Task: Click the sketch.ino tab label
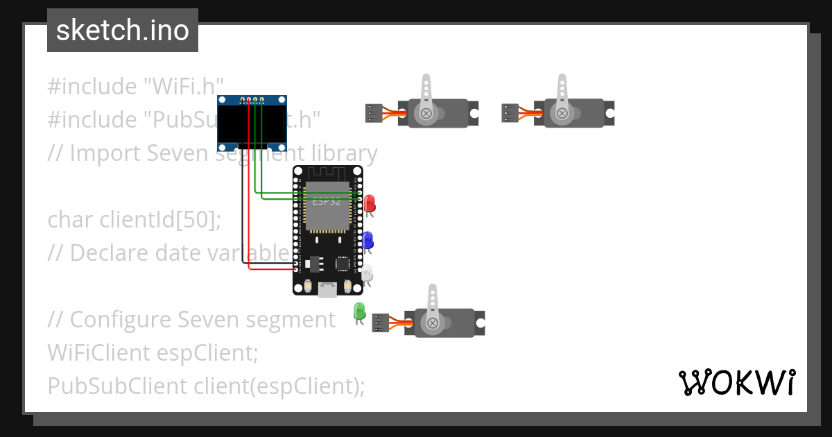tap(122, 31)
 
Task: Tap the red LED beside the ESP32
tap(370, 203)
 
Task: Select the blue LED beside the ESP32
tap(367, 240)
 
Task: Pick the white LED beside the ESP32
tap(367, 273)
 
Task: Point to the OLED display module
tap(252, 123)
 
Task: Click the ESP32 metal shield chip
tap(327, 206)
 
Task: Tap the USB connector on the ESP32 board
tap(327, 290)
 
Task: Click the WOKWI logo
tap(736, 382)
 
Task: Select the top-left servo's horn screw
tap(426, 113)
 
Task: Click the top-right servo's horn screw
tap(562, 113)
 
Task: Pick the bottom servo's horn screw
tap(433, 323)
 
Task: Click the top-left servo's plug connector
tap(374, 113)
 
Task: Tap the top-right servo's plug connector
tap(510, 113)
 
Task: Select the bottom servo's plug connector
tap(381, 323)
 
